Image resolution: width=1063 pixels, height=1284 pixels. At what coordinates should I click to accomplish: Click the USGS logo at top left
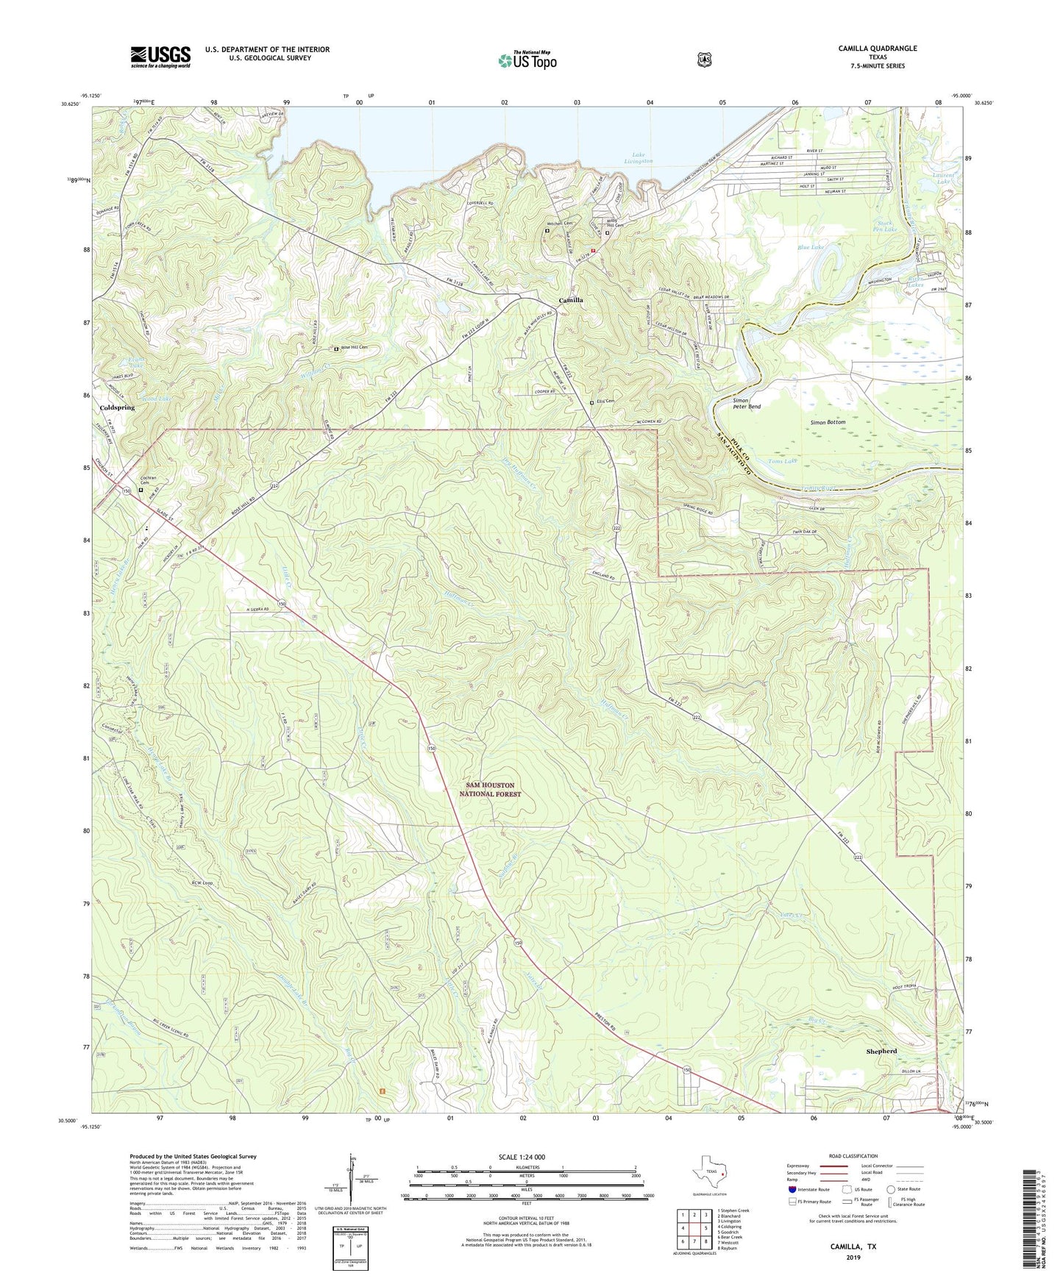pyautogui.click(x=160, y=57)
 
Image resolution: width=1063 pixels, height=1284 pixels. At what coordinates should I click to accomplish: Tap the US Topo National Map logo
pyautogui.click(x=527, y=60)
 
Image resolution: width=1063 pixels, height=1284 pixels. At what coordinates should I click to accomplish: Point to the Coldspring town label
pyautogui.click(x=117, y=407)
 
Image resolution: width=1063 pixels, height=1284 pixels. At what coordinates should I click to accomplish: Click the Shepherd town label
pyautogui.click(x=881, y=1052)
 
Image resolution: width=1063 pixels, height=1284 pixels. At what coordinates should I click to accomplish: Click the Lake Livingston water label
pyautogui.click(x=639, y=157)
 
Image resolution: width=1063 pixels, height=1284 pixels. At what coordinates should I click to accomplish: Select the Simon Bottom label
pyautogui.click(x=828, y=422)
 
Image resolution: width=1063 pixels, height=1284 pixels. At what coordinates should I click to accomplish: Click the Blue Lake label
pyautogui.click(x=811, y=248)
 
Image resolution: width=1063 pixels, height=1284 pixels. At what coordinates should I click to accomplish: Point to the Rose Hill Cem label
pyautogui.click(x=353, y=349)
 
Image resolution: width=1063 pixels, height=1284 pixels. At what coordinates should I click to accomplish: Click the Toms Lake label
pyautogui.click(x=782, y=461)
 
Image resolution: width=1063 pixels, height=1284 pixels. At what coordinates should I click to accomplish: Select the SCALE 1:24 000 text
pyautogui.click(x=526, y=1157)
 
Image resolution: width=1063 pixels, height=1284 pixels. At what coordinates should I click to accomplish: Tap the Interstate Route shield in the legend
pyautogui.click(x=792, y=1189)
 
